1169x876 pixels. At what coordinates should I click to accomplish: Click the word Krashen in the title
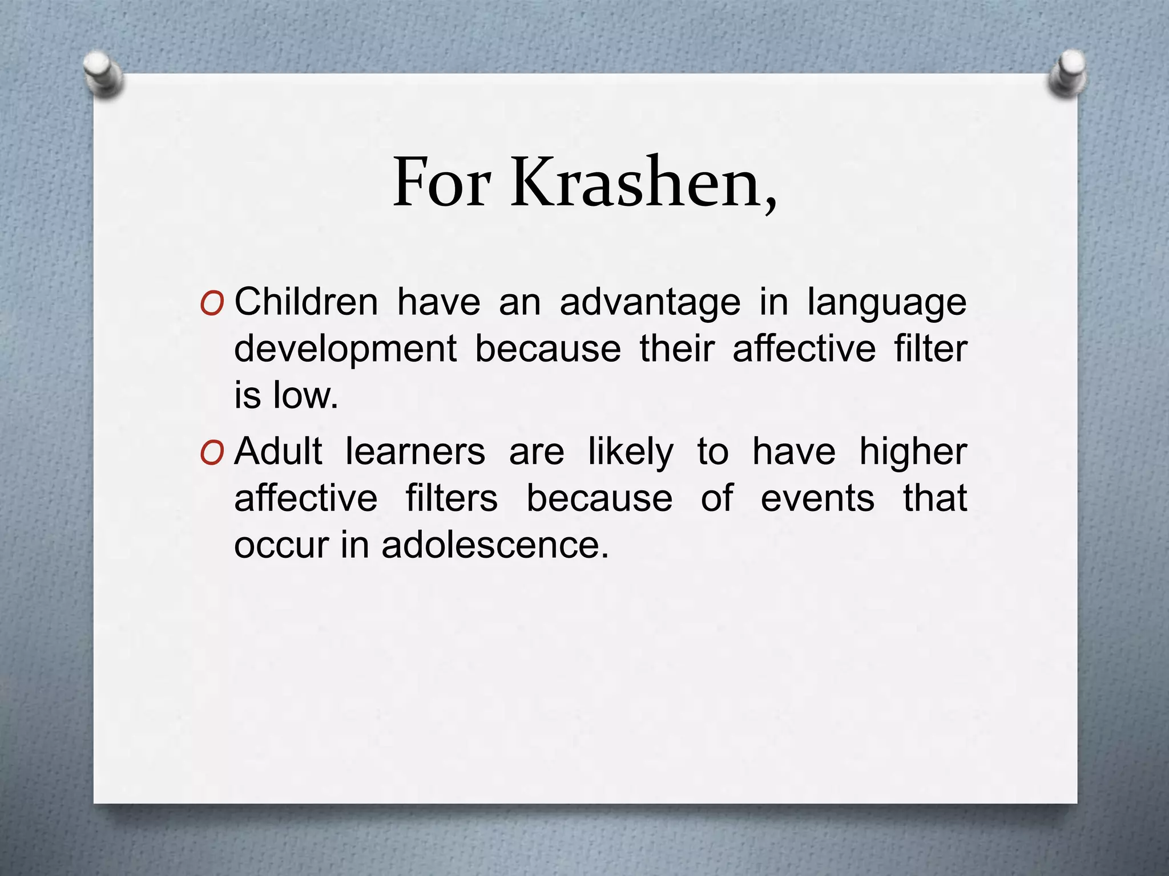coord(643,182)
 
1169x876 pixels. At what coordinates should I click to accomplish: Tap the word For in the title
coord(441,182)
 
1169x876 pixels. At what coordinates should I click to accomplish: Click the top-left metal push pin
coord(102,74)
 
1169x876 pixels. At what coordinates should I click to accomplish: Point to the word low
coord(305,395)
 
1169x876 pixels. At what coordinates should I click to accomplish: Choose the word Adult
coord(279,451)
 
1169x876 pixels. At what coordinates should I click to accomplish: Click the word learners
coord(416,451)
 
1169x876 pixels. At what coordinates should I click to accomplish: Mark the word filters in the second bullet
coord(452,498)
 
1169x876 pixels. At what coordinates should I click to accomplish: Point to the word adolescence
coord(495,545)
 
